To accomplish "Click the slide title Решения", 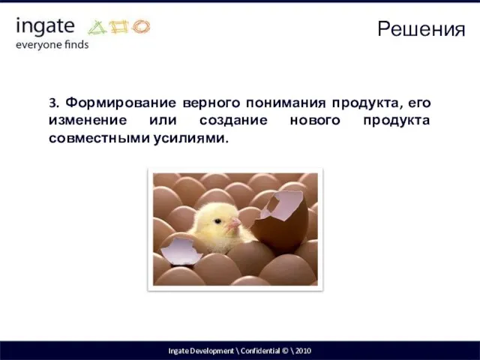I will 421,29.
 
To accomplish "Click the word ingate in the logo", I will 45,27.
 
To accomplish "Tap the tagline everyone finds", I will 52,44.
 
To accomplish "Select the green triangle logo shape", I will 98,28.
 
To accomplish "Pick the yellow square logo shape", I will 119,28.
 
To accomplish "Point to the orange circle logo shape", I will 140,28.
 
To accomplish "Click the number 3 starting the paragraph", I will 52,102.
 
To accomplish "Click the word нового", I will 320,121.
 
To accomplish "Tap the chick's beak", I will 235,223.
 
